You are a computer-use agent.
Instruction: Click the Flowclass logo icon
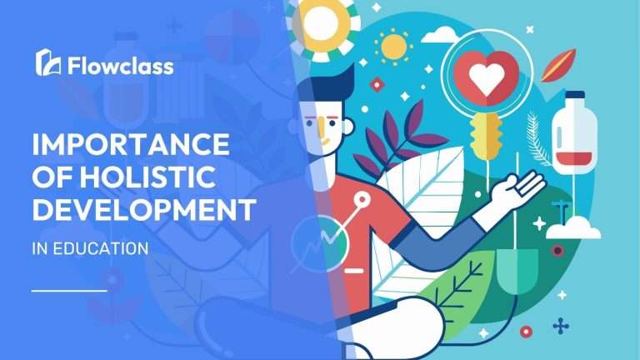click(47, 62)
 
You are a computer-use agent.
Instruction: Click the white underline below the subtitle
click(68, 290)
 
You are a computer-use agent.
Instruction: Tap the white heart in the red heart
click(482, 80)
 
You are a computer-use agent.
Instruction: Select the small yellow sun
click(391, 47)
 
